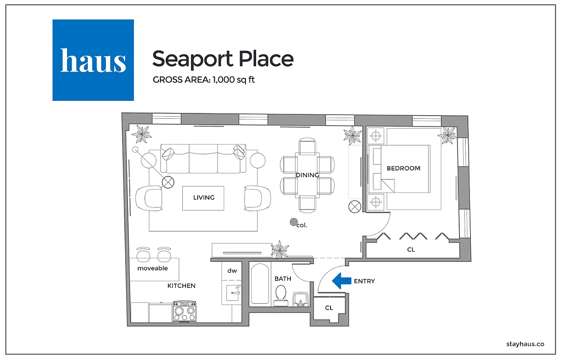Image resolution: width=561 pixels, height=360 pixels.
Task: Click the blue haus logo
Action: (x=93, y=60)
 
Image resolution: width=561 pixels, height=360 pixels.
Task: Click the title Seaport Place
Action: (x=222, y=58)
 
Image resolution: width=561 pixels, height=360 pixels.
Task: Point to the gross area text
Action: (x=204, y=80)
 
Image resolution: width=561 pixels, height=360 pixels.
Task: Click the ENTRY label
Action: (x=364, y=281)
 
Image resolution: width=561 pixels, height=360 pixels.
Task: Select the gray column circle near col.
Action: (x=294, y=221)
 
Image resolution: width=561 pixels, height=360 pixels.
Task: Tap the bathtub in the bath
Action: (x=260, y=284)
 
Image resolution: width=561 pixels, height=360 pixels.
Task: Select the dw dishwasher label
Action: (x=232, y=270)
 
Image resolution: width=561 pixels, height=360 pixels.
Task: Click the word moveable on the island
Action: (x=153, y=268)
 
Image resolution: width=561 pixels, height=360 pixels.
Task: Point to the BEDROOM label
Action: (x=403, y=168)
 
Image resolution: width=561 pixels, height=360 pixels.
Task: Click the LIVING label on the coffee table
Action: (x=204, y=198)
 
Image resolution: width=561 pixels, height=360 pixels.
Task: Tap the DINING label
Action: (x=307, y=175)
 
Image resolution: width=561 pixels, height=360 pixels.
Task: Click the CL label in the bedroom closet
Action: (x=411, y=249)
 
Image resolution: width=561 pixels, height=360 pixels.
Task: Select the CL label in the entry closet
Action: (x=329, y=308)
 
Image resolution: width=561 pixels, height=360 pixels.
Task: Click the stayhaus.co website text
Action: (x=525, y=344)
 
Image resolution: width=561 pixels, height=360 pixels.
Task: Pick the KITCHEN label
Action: (x=181, y=286)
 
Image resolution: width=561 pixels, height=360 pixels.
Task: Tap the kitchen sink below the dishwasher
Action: (x=232, y=292)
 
